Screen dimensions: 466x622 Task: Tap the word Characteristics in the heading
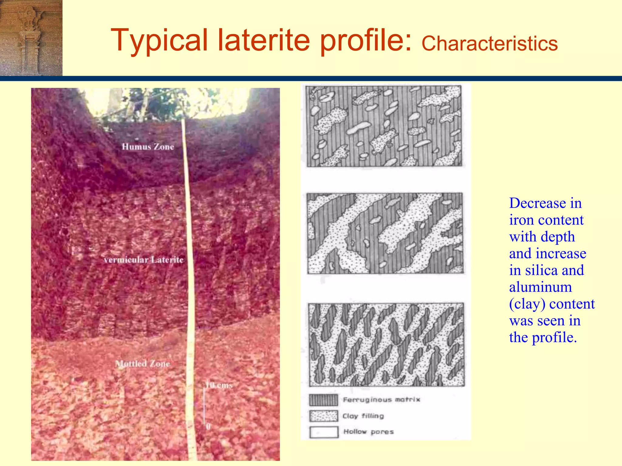coord(489,43)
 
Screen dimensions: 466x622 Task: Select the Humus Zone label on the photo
coord(148,147)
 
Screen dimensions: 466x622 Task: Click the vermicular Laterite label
coord(143,260)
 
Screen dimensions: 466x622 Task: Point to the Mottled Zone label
coord(142,363)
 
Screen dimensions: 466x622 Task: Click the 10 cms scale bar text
coord(219,385)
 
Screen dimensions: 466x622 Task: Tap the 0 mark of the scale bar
coord(208,427)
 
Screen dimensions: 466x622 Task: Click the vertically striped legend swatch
coord(323,400)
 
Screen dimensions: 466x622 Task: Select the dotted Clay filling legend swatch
coord(323,416)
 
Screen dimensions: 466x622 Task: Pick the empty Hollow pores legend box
coord(324,432)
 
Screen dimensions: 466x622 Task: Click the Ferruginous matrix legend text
coord(381,400)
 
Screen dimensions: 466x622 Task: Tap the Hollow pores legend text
coord(368,432)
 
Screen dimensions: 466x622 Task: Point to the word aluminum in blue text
coord(540,287)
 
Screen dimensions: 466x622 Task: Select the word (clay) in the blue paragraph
coord(527,304)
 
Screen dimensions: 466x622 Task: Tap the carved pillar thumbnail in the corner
coord(31,38)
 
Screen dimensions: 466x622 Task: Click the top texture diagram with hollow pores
coord(384,126)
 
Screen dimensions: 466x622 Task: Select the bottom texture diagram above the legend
coord(386,344)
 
